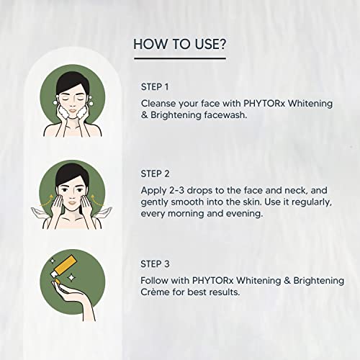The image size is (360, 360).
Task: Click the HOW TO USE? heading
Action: point(180,44)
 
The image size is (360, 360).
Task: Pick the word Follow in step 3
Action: point(158,280)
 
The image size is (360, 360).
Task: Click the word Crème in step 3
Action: point(158,294)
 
